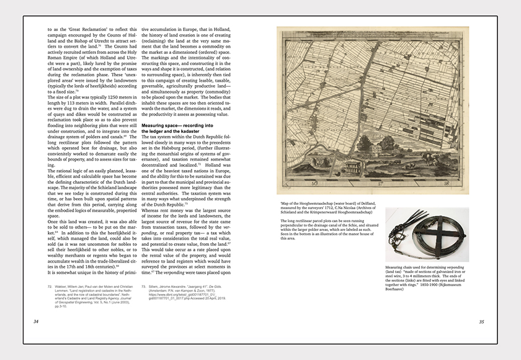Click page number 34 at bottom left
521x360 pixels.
pyautogui.click(x=36, y=322)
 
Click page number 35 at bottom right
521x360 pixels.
pyautogui.click(x=481, y=322)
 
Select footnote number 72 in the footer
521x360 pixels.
pyautogui.click(x=50, y=286)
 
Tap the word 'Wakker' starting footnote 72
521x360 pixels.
pyautogui.click(x=66, y=286)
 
